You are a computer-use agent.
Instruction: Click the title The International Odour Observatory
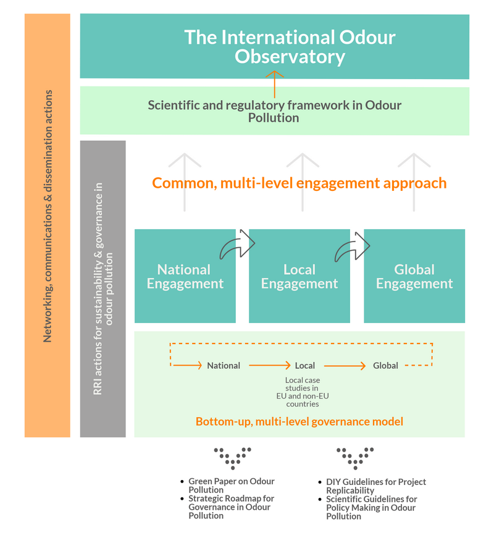[290, 47]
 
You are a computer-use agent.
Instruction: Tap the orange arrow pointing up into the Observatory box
[274, 84]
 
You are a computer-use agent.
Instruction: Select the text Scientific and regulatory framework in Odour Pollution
[274, 111]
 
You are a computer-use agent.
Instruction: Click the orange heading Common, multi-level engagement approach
[299, 183]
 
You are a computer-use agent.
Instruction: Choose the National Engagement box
[185, 276]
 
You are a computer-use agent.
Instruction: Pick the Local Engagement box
[299, 276]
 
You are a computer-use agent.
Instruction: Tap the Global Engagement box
[414, 276]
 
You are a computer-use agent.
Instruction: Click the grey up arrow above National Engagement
[185, 182]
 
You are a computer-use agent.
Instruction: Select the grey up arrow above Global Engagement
[414, 182]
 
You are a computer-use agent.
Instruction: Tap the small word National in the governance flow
[224, 366]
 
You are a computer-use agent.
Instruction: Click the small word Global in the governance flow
[385, 366]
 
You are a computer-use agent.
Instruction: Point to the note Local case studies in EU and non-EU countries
[303, 392]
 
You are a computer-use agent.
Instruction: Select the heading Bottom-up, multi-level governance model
[299, 422]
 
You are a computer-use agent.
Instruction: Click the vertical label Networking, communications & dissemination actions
[48, 216]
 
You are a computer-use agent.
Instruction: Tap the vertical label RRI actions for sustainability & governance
[103, 289]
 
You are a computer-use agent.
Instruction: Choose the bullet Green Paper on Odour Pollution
[232, 486]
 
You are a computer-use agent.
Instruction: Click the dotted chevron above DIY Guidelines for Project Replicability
[355, 458]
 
